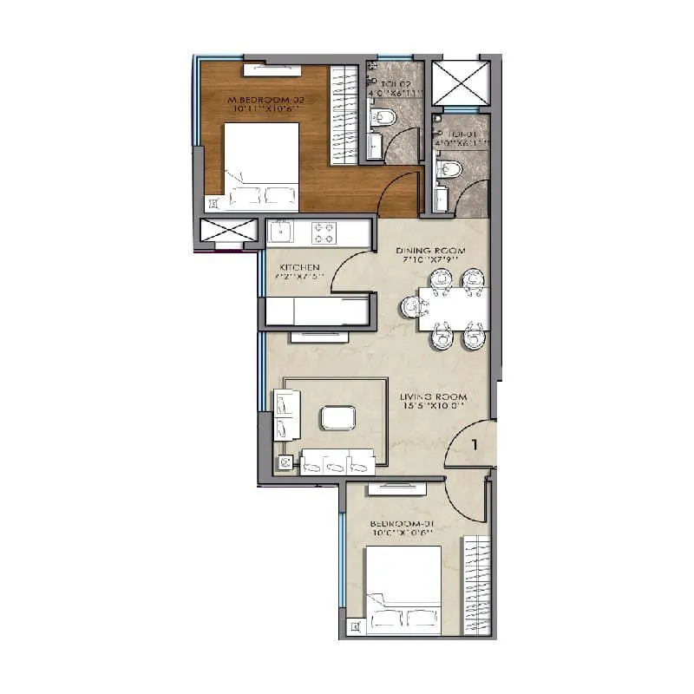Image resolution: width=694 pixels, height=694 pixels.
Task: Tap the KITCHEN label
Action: click(300, 266)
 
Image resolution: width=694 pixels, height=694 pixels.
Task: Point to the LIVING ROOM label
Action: click(434, 400)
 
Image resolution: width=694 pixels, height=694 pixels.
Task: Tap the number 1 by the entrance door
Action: click(475, 445)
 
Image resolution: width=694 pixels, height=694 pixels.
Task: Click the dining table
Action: click(452, 309)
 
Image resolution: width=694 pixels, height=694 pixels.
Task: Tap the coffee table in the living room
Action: click(337, 418)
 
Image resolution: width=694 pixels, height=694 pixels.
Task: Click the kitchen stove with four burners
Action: click(324, 232)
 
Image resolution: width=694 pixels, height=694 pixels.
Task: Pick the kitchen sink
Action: click(282, 232)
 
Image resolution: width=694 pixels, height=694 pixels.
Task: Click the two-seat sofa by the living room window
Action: click(286, 415)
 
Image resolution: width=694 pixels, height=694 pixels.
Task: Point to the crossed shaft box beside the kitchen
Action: click(229, 232)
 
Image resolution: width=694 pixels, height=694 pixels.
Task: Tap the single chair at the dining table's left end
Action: click(411, 306)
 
